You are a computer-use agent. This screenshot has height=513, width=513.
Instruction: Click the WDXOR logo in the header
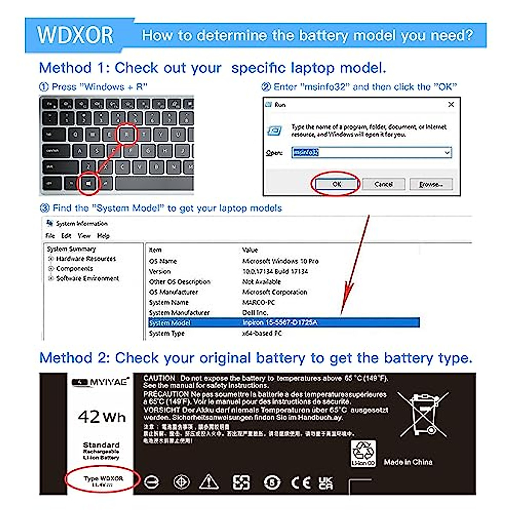coord(75,35)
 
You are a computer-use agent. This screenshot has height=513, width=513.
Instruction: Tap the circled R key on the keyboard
coord(127,135)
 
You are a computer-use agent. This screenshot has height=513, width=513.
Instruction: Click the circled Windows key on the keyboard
coord(88,183)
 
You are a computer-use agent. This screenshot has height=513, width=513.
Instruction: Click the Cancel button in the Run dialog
coord(383,184)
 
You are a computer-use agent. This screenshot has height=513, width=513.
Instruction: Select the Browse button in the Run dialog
coord(430,184)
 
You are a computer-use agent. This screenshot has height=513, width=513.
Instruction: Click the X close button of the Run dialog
coord(451,104)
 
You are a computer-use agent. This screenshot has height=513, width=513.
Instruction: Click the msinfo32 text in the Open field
coord(306,152)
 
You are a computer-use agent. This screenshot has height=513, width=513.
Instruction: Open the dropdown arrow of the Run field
coord(447,153)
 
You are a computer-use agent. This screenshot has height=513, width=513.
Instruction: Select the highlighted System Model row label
coord(170,323)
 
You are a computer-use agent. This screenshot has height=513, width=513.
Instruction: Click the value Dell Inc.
coord(255,313)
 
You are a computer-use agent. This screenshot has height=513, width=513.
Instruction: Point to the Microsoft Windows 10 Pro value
coord(280,261)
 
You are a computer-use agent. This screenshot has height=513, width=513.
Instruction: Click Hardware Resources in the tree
coord(86,259)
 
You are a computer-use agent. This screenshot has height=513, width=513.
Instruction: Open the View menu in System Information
coord(84,236)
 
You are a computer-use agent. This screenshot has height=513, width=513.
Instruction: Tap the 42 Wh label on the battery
coord(102,416)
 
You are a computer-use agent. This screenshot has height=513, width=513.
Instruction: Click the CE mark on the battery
coord(301,482)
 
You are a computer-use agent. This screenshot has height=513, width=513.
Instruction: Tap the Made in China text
coord(408,462)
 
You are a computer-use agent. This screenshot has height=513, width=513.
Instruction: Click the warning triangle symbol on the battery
coord(209,482)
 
